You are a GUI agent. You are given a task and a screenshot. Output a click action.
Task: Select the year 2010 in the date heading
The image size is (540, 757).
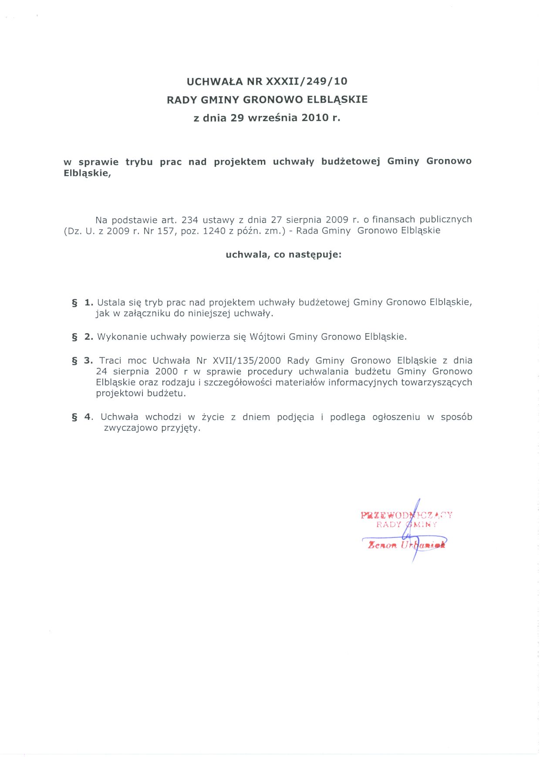point(315,118)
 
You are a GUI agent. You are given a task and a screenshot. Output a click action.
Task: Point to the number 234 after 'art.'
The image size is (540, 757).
point(190,220)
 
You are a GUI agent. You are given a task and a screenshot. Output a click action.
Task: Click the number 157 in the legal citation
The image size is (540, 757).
point(165,231)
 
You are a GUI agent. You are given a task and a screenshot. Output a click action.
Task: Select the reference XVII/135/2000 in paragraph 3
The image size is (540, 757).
point(247,361)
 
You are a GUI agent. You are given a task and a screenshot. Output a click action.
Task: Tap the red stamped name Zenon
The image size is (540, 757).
point(382,545)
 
